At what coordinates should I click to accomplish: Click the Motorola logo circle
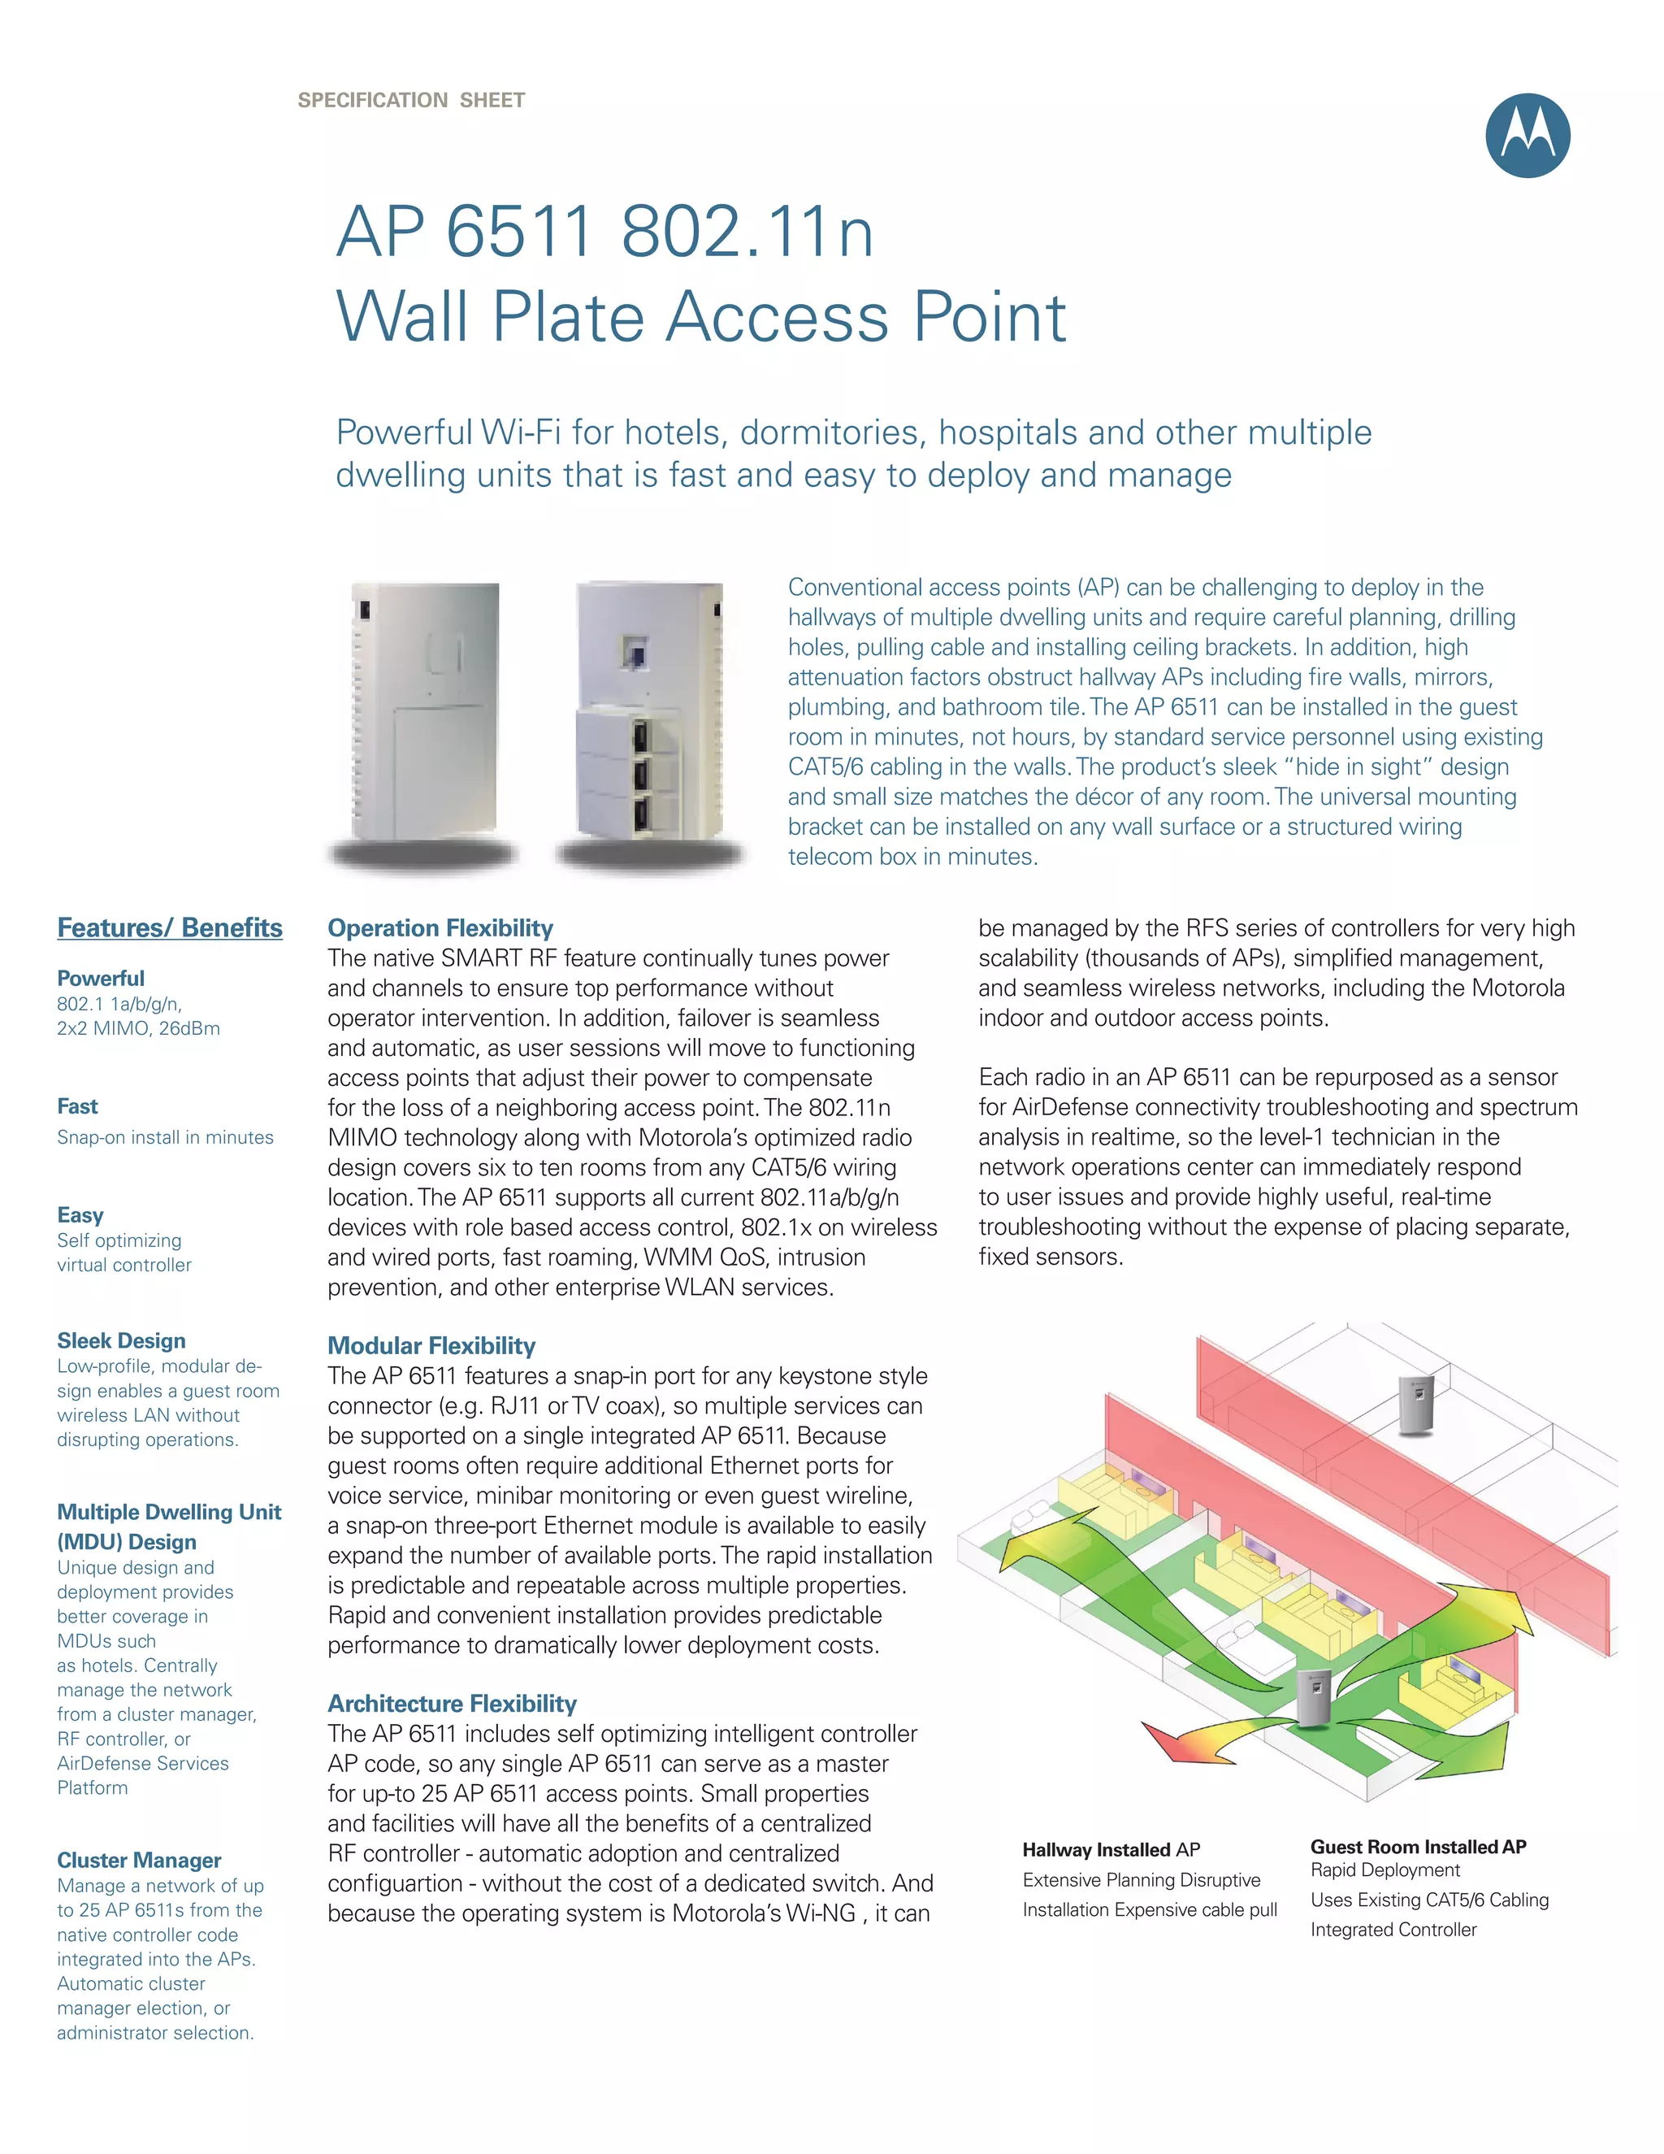(x=1527, y=136)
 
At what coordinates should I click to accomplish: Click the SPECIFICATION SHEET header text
(x=411, y=101)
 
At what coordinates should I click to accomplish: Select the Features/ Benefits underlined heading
(x=170, y=928)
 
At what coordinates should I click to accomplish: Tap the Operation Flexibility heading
(x=440, y=928)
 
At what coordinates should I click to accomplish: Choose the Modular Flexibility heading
(x=431, y=1346)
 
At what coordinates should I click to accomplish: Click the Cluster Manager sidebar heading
(x=139, y=1860)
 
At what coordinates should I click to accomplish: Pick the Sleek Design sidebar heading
(x=121, y=1340)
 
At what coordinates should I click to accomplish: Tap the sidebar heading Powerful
(x=101, y=979)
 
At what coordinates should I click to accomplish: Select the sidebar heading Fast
(x=78, y=1106)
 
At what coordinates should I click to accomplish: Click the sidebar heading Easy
(x=80, y=1215)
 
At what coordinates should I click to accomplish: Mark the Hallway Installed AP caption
(x=1111, y=1850)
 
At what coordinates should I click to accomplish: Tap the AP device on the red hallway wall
(x=1415, y=1404)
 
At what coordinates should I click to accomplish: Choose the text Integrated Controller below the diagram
(x=1393, y=1930)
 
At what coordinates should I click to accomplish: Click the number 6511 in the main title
(x=518, y=232)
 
